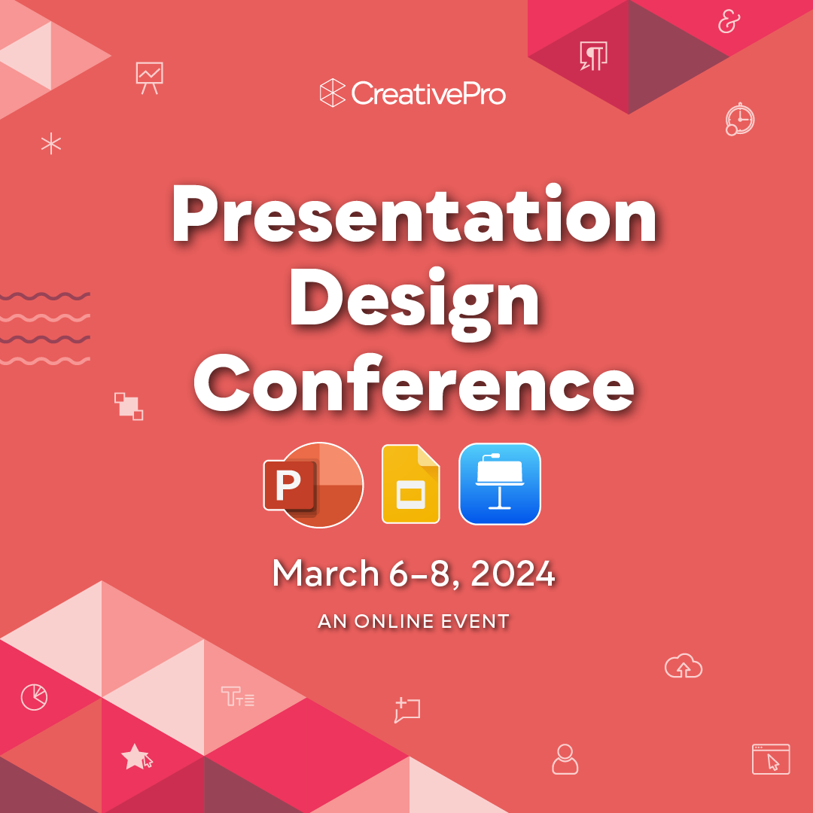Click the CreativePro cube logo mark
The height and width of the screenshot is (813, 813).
(332, 93)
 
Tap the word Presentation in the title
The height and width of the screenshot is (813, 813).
(414, 216)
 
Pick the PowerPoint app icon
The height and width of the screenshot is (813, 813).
(313, 485)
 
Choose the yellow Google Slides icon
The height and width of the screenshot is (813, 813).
(410, 484)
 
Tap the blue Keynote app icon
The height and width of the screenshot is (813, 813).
(500, 483)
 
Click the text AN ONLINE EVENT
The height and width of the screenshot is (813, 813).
(414, 622)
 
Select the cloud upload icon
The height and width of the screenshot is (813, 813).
(684, 666)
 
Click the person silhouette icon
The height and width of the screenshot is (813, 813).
(565, 759)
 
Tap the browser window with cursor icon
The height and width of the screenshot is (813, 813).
(771, 759)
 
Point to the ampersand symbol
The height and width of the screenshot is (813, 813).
(728, 23)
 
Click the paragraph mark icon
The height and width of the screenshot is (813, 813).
(593, 55)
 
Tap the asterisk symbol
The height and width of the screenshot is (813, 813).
(51, 143)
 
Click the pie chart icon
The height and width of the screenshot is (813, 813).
(34, 697)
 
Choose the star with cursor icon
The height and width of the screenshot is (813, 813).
(136, 757)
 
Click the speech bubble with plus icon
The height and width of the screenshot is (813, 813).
(406, 710)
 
